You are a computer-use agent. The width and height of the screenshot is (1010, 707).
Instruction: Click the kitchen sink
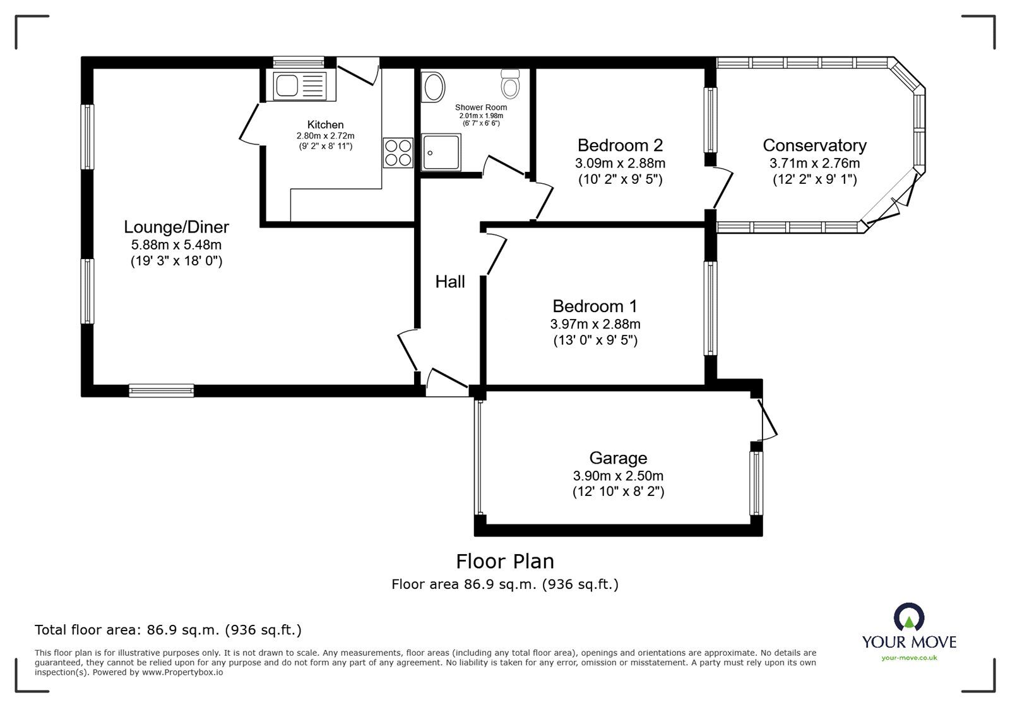click(x=300, y=85)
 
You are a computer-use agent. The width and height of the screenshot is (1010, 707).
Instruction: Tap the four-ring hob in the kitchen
click(x=398, y=153)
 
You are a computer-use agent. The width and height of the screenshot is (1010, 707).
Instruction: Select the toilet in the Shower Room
click(x=510, y=83)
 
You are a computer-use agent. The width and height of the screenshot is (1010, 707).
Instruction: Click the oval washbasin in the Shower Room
click(x=434, y=87)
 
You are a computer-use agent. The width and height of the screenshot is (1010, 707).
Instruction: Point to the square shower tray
click(x=441, y=152)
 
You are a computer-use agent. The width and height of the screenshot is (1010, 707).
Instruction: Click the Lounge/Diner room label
click(x=176, y=226)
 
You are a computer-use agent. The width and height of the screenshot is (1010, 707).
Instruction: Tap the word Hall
click(x=450, y=282)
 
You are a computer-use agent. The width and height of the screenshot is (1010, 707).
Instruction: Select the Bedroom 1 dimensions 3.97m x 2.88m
click(x=595, y=324)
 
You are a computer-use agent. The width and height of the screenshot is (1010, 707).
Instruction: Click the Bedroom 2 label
click(x=620, y=145)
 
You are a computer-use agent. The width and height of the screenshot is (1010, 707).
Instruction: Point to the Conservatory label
click(x=814, y=145)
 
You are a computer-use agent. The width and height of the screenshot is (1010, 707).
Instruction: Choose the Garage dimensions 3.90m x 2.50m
click(x=618, y=476)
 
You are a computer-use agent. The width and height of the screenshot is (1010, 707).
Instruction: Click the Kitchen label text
click(x=325, y=124)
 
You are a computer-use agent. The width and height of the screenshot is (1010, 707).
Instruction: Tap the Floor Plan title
click(x=505, y=562)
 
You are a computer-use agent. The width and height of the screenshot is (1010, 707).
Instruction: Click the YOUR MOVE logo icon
click(x=909, y=617)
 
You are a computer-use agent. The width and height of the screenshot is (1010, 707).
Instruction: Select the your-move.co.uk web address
click(x=909, y=658)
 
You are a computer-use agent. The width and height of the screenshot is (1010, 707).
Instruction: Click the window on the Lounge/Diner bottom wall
click(x=162, y=390)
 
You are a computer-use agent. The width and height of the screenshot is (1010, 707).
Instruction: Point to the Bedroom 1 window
click(x=710, y=308)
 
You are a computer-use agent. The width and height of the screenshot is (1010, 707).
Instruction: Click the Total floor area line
click(x=168, y=629)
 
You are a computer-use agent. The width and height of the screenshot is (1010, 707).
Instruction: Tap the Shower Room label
click(x=480, y=107)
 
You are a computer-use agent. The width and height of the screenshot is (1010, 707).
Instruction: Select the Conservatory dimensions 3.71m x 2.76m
click(x=814, y=164)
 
